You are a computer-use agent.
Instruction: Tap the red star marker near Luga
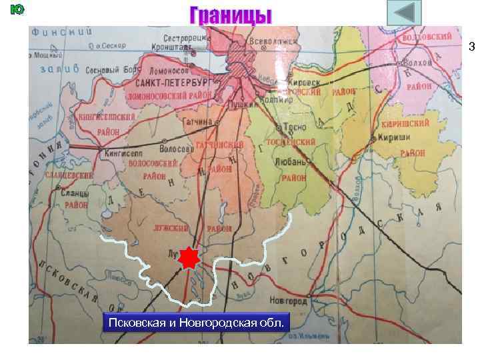tap(190, 257)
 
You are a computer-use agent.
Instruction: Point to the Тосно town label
tap(295, 128)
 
